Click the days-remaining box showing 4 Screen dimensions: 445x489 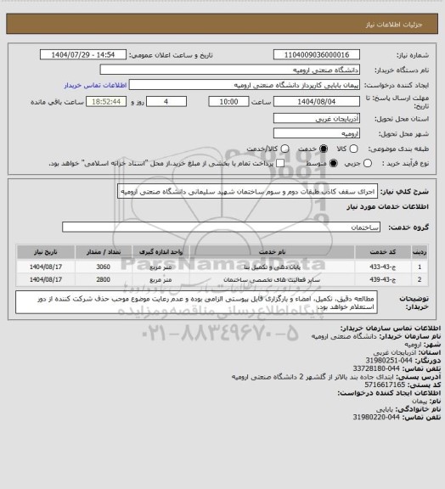[x=165, y=101]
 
